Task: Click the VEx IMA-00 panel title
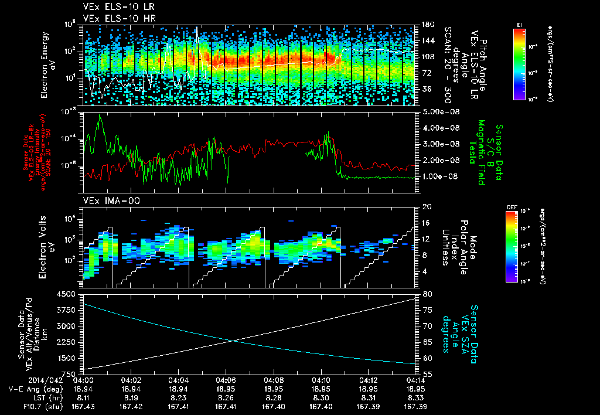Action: pos(107,200)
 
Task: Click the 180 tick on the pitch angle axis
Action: pos(426,24)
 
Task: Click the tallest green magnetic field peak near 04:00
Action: pos(100,115)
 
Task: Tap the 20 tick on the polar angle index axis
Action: pos(425,207)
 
